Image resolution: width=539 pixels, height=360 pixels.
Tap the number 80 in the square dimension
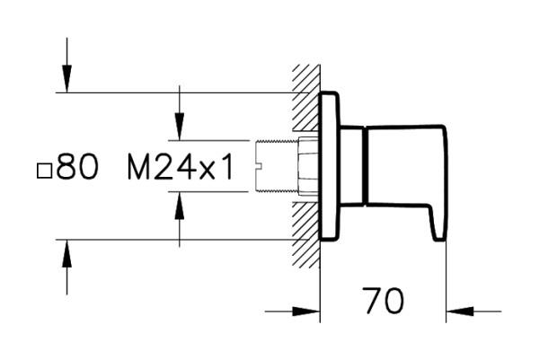[x=78, y=167]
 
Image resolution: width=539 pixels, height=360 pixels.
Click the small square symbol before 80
[x=44, y=169]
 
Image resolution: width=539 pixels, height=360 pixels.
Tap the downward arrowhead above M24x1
[x=180, y=128]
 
